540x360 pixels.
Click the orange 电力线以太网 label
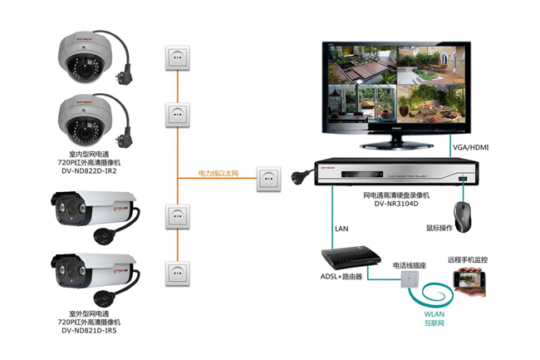(218, 174)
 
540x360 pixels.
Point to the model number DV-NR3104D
(396, 203)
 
